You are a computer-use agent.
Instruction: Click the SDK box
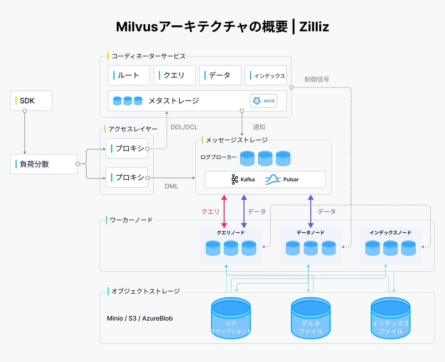point(31,101)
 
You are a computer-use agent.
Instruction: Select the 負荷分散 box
point(44,164)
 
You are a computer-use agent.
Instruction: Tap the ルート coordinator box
point(129,75)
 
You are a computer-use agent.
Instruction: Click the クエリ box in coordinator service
point(175,75)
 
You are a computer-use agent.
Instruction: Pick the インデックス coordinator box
point(266,75)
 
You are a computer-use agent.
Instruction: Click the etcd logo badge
point(264,101)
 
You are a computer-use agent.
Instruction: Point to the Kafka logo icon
point(235,179)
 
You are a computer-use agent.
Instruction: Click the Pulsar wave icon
point(273,179)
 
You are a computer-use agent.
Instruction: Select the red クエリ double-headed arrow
point(224,211)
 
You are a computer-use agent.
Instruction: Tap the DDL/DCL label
point(184,127)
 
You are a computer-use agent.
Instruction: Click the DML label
point(171,186)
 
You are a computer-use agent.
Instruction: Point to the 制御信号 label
point(317,80)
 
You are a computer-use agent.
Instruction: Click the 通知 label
point(259,127)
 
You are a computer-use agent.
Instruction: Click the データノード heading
point(310,232)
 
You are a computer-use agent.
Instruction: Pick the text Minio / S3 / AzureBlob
point(140,318)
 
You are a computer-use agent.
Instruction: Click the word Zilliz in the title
point(314,27)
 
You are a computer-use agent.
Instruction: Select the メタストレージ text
point(174,101)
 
